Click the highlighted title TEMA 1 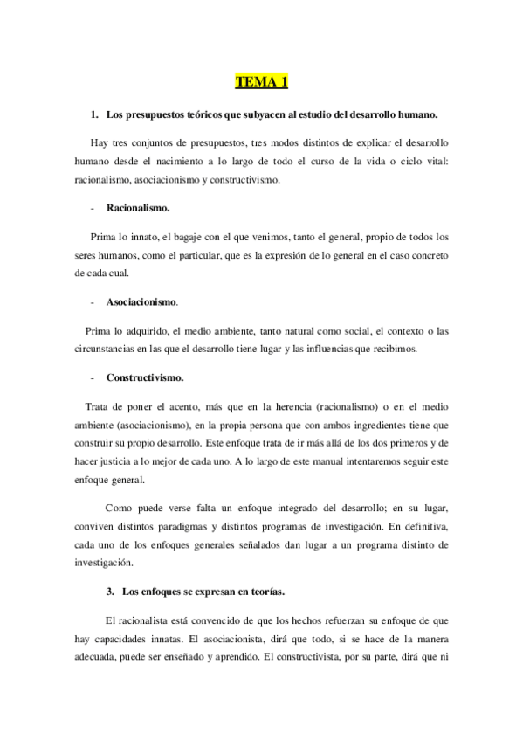[x=261, y=83]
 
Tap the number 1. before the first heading [x=94, y=115]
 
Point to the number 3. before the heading [x=110, y=592]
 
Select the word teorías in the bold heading [x=261, y=592]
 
